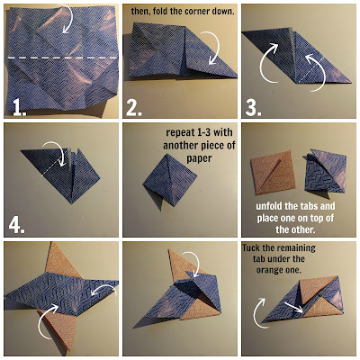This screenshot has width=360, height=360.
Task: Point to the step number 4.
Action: click(16, 225)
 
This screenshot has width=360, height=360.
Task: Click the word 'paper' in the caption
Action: click(200, 157)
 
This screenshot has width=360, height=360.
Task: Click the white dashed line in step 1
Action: click(62, 58)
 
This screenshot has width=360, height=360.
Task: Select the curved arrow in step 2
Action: click(213, 47)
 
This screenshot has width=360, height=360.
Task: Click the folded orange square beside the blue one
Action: click(273, 172)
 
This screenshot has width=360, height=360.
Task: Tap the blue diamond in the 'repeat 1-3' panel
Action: click(170, 179)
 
